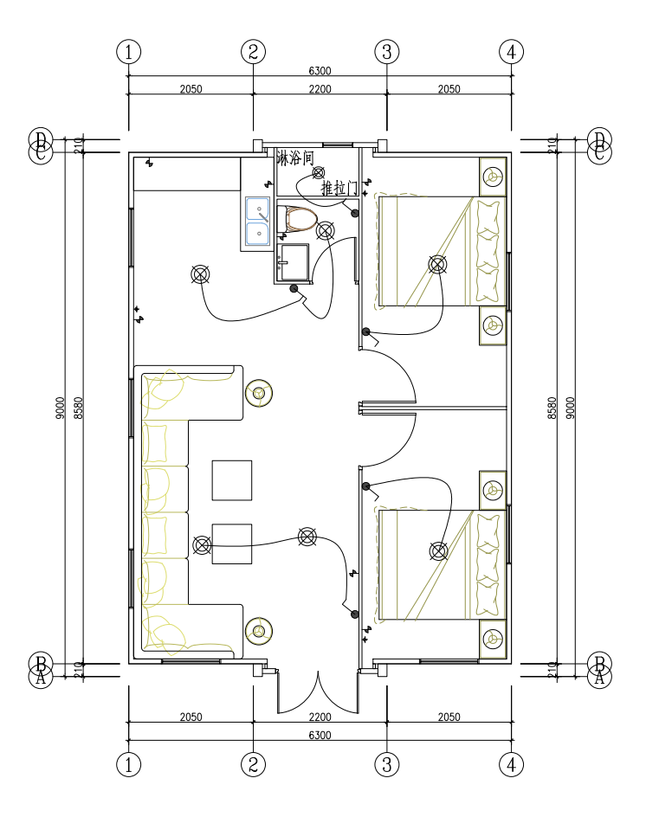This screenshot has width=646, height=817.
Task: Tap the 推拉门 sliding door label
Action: click(x=338, y=188)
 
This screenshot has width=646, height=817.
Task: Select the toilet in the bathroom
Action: click(x=300, y=219)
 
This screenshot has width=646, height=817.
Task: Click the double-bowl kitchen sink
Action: click(x=257, y=222)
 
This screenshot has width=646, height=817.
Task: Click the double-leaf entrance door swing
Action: click(x=318, y=692)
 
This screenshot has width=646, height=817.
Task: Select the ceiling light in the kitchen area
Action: click(x=200, y=274)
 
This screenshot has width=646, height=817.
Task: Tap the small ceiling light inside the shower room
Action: click(x=318, y=172)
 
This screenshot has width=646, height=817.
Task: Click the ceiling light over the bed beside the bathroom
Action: click(x=438, y=264)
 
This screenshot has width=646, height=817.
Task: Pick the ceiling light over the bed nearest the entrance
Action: click(x=438, y=550)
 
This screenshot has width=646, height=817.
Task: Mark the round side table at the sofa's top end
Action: click(x=258, y=394)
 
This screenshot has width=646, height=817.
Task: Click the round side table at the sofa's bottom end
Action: click(x=258, y=632)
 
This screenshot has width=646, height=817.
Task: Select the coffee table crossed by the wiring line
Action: click(x=232, y=544)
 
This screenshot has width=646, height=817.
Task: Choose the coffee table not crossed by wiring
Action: click(x=232, y=480)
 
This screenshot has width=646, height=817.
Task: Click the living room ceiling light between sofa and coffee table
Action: click(x=202, y=544)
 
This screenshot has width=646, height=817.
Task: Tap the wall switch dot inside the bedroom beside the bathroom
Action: click(x=366, y=331)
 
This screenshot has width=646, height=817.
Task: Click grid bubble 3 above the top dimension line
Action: click(x=386, y=52)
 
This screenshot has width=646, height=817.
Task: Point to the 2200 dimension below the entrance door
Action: click(x=320, y=717)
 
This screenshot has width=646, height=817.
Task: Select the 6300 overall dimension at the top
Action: click(x=320, y=71)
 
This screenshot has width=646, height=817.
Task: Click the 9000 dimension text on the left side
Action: click(x=60, y=408)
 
